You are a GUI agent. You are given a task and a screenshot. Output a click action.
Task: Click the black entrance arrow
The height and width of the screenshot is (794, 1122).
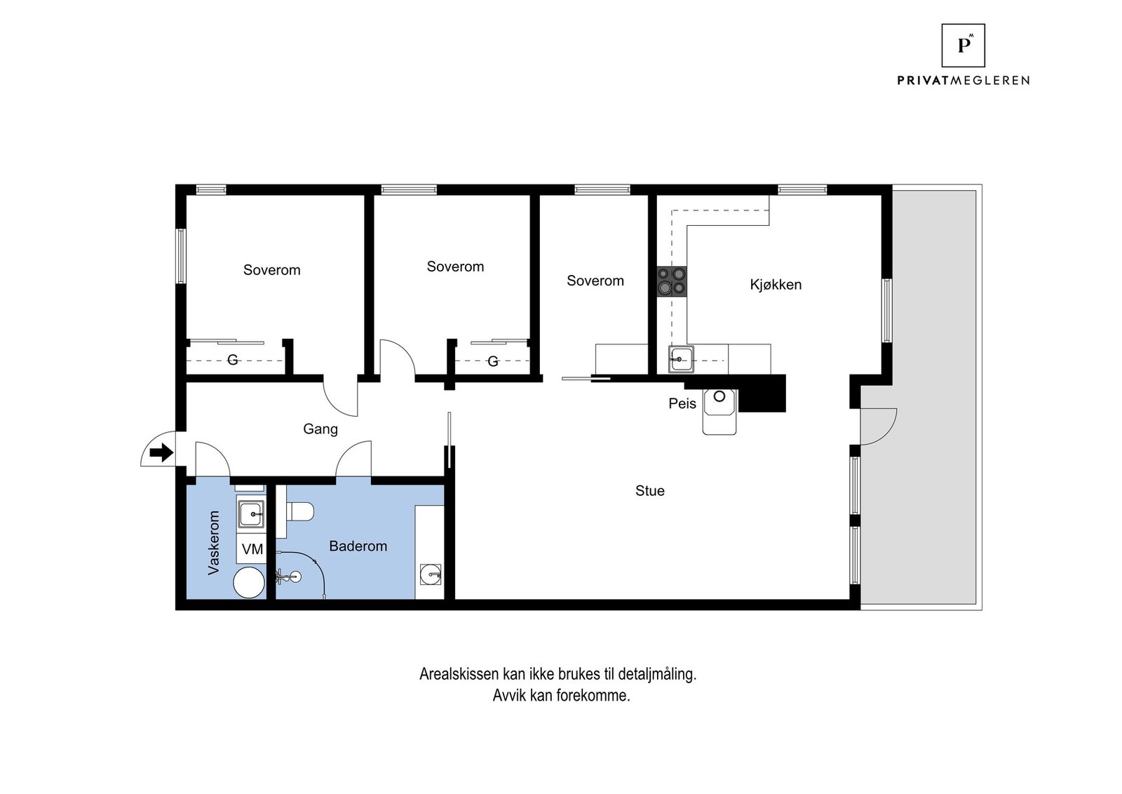161,453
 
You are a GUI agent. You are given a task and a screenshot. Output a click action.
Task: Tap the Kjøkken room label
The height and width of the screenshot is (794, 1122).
776,285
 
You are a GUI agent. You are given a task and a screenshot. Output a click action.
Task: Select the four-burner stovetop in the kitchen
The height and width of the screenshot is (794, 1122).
672,281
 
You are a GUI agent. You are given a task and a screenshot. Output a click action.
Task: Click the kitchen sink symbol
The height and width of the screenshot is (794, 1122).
681,359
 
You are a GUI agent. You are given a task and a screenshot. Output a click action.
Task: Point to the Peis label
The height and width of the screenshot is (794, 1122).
682,403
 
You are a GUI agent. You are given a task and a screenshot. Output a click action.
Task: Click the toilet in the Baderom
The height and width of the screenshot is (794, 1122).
300,512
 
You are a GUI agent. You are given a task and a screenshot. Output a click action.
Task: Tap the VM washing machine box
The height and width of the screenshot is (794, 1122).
252,549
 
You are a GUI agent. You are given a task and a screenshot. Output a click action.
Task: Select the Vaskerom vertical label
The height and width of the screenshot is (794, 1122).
214,542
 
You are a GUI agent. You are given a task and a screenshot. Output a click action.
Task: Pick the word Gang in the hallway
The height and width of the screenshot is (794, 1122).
320,429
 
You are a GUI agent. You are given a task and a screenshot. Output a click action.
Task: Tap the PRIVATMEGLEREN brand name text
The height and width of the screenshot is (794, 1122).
963,80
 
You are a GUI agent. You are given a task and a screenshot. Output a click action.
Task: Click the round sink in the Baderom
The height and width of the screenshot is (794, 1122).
430,574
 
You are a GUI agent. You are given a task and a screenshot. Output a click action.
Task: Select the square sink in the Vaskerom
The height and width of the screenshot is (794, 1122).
251,513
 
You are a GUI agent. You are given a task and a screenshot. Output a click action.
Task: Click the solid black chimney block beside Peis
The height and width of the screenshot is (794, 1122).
762,393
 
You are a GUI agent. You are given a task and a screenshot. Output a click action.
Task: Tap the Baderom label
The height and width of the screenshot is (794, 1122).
358,546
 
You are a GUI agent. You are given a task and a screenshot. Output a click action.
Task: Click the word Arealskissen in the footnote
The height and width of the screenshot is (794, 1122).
459,674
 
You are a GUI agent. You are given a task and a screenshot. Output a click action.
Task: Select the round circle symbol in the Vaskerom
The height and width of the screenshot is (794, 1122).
249,583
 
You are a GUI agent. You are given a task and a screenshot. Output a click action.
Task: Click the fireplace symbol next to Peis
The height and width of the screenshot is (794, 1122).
719,412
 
